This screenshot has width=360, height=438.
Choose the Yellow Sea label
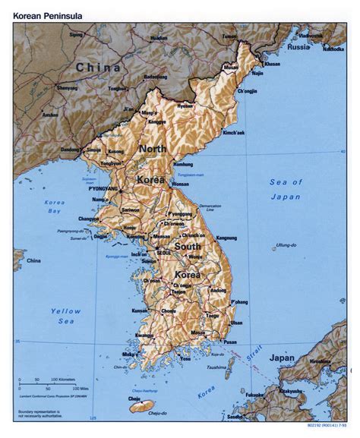[65, 316]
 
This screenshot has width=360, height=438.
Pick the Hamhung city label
[183, 164]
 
